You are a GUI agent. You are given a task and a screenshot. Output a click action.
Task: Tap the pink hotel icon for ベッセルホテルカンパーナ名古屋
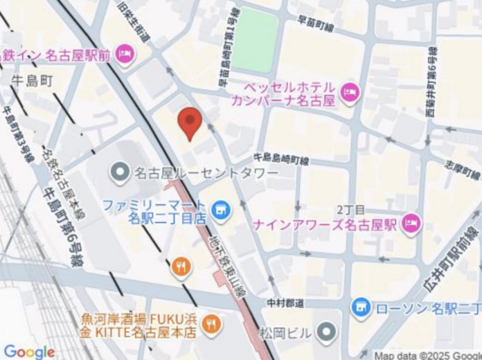350,91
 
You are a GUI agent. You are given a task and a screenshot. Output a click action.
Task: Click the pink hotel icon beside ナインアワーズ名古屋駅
411,224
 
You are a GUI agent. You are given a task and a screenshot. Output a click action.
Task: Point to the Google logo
28,351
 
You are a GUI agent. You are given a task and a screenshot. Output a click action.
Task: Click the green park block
254,40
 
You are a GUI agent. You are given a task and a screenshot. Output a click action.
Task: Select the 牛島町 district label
32,81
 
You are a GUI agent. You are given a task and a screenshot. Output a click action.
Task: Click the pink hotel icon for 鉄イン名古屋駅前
125,54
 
